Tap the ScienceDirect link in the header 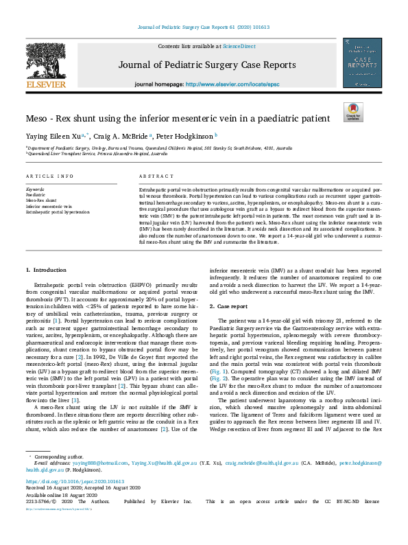click(x=235, y=45)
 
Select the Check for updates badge click(x=353, y=112)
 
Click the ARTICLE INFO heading click(x=49, y=176)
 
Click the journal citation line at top click(x=204, y=28)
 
